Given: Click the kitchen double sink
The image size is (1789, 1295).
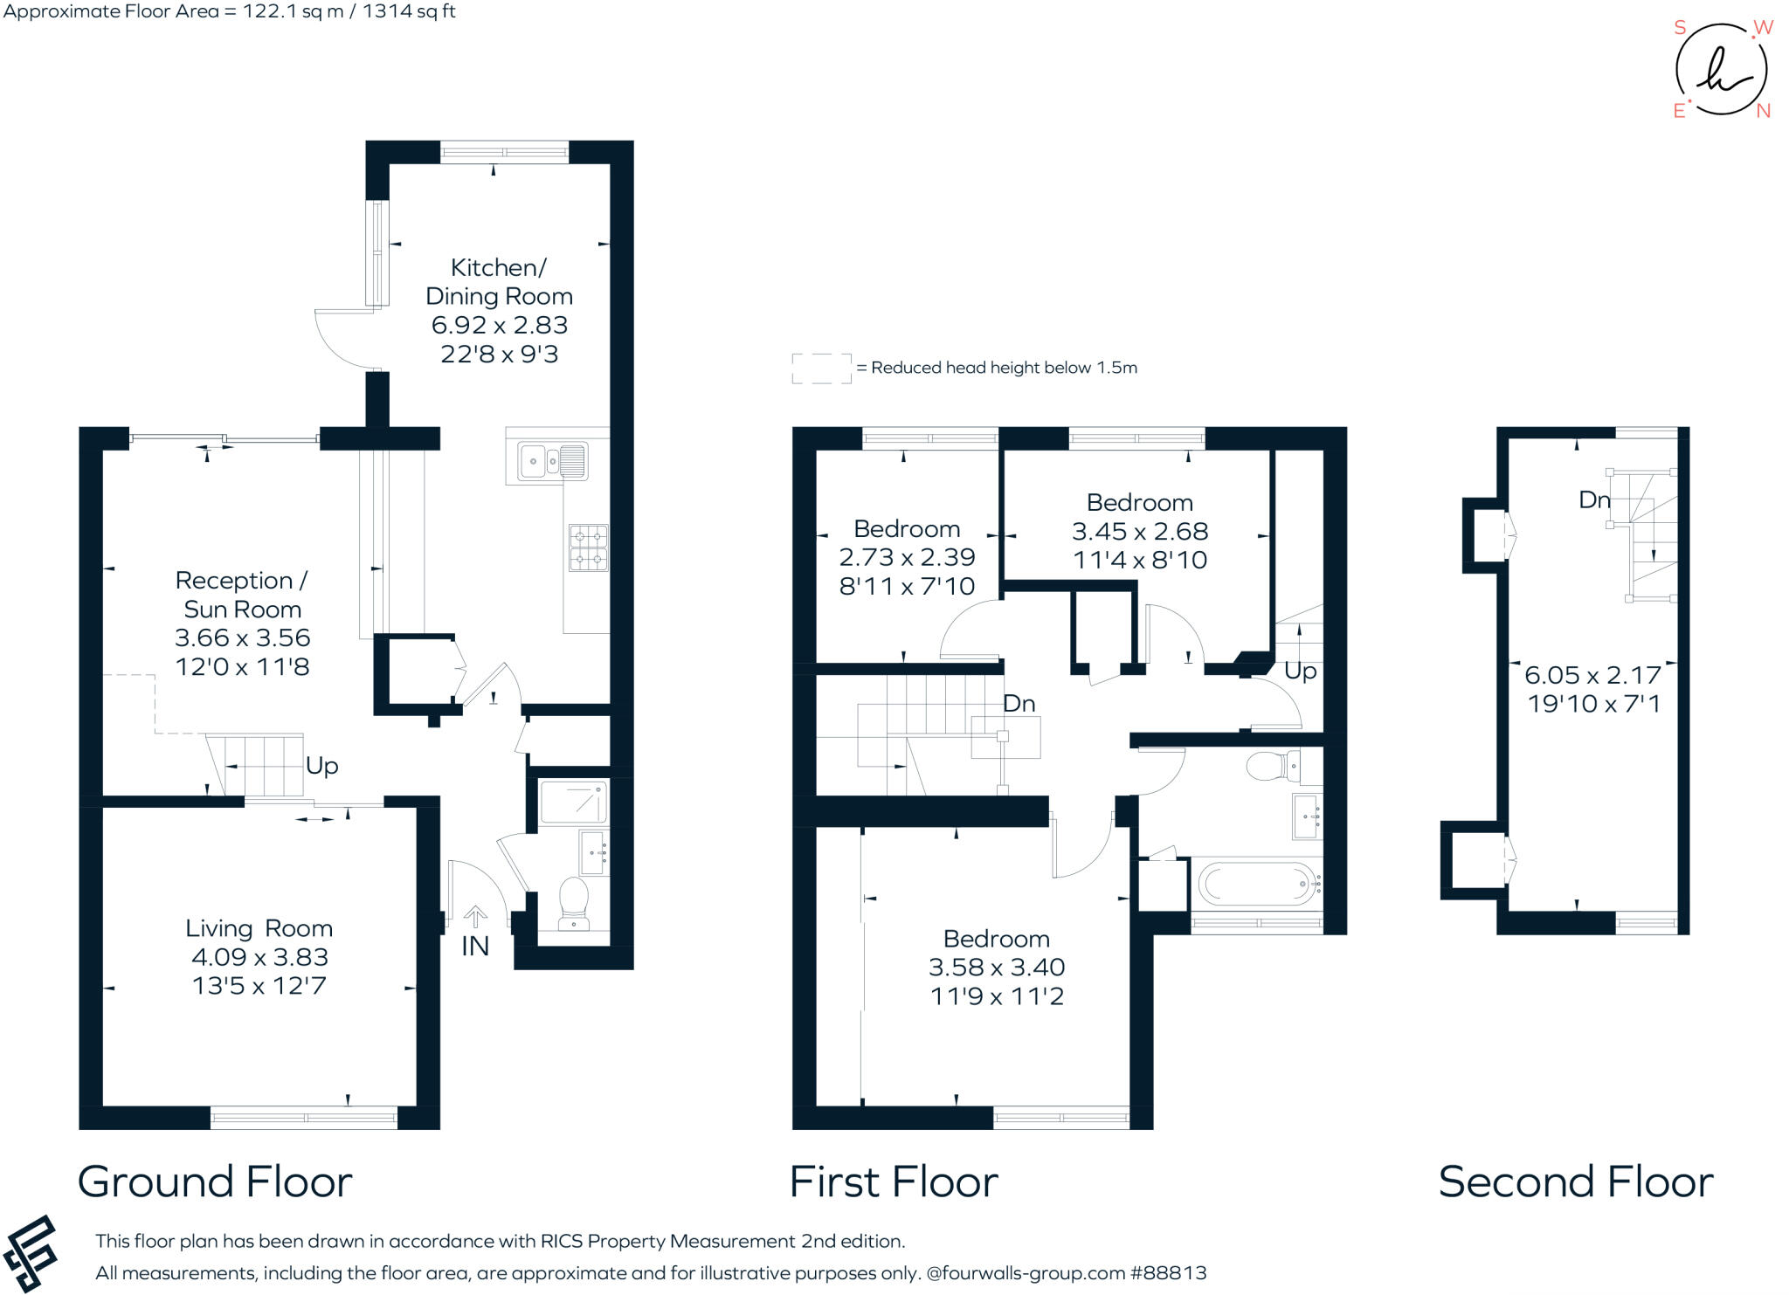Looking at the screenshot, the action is pyautogui.click(x=553, y=461).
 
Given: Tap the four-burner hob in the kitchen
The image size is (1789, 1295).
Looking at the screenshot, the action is pyautogui.click(x=588, y=548).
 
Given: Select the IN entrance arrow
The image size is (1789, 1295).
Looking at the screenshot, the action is pyautogui.click(x=475, y=917).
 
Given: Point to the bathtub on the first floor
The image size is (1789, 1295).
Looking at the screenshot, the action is pyautogui.click(x=1258, y=884).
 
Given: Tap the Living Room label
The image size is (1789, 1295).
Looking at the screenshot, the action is pyautogui.click(x=259, y=928).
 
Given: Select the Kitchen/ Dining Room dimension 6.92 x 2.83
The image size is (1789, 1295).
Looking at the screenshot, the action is pyautogui.click(x=500, y=325).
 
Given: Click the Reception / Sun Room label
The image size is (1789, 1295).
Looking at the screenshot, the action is pyautogui.click(x=242, y=595).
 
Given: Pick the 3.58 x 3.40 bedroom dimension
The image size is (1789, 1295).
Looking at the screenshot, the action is pyautogui.click(x=997, y=968).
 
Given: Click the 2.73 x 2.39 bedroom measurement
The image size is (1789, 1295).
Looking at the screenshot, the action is pyautogui.click(x=907, y=557).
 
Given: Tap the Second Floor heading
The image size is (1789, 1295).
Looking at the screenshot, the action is pyautogui.click(x=1575, y=1182).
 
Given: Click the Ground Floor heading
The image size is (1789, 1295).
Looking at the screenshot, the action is pyautogui.click(x=215, y=1182).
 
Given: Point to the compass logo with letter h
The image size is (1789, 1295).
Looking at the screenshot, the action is pyautogui.click(x=1721, y=71).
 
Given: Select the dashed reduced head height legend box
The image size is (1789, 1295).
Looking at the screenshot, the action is pyautogui.click(x=821, y=369).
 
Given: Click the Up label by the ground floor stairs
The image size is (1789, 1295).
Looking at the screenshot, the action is pyautogui.click(x=321, y=766).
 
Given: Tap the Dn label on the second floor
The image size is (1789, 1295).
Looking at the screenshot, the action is pyautogui.click(x=1593, y=499).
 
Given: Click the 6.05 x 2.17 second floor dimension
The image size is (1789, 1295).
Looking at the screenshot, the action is pyautogui.click(x=1592, y=675).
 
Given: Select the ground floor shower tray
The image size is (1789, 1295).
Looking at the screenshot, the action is pyautogui.click(x=573, y=802).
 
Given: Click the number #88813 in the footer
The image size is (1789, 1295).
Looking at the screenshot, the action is pyautogui.click(x=1168, y=1273).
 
